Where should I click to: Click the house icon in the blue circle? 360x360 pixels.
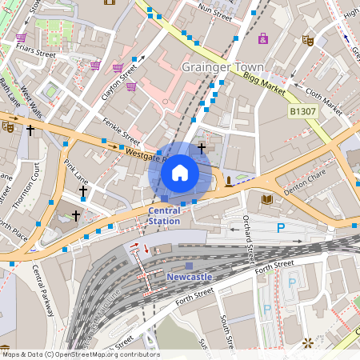180,172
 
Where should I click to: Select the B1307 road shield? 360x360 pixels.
304,113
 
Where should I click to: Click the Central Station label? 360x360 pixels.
164,216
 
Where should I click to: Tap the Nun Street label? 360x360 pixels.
216,14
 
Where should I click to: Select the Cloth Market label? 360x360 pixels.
324,100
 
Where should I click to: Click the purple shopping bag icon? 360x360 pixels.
262,38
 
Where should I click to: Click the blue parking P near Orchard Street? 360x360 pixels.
280,228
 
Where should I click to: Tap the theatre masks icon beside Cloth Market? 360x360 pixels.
307,39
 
